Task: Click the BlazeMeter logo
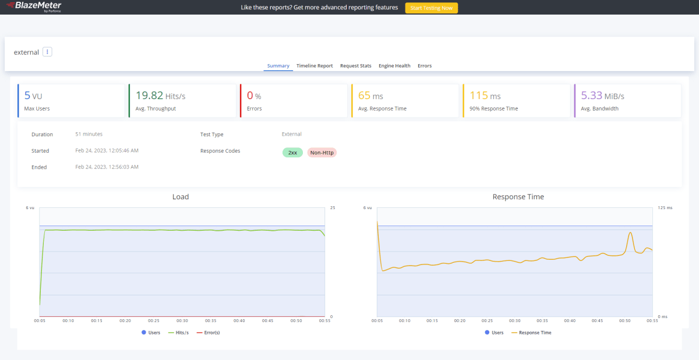pyautogui.click(x=34, y=6)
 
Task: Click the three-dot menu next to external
pyautogui.click(x=47, y=52)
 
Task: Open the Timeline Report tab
pyautogui.click(x=315, y=65)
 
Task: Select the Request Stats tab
pyautogui.click(x=355, y=65)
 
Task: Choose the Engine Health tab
pyautogui.click(x=394, y=65)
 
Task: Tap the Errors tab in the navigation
pyautogui.click(x=425, y=65)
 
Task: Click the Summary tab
pyautogui.click(x=278, y=65)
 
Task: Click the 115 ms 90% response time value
pyautogui.click(x=485, y=96)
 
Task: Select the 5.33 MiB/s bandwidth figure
pyautogui.click(x=602, y=96)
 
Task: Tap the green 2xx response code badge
pyautogui.click(x=292, y=153)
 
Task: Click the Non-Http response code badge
pyautogui.click(x=322, y=153)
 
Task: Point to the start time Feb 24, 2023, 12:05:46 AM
pyautogui.click(x=107, y=150)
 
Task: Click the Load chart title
pyautogui.click(x=181, y=196)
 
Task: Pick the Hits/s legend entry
pyautogui.click(x=178, y=333)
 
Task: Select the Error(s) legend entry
pyautogui.click(x=208, y=333)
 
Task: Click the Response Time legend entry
pyautogui.click(x=531, y=333)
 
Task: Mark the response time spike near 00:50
pyautogui.click(x=631, y=233)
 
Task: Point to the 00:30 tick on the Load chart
pyautogui.click(x=182, y=321)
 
